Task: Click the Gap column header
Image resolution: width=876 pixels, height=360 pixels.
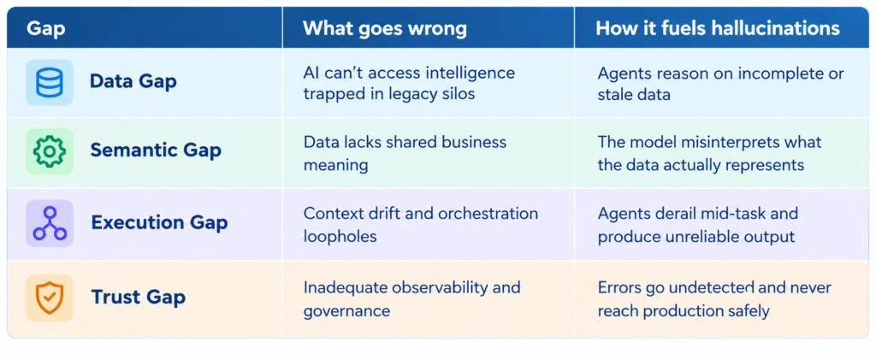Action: [x=46, y=28]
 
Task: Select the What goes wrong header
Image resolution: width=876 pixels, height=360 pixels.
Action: [x=384, y=28]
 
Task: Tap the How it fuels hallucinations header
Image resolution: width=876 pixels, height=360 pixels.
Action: [x=718, y=28]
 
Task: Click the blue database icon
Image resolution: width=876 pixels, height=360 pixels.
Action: [x=49, y=83]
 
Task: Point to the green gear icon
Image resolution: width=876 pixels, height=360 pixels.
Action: [x=49, y=151]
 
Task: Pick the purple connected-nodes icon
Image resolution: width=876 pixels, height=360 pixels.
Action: [x=49, y=223]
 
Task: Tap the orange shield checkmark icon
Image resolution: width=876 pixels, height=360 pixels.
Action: [x=49, y=298]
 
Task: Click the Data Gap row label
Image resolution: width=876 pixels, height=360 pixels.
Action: [x=133, y=81]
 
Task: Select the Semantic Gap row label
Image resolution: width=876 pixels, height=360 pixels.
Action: [x=156, y=150]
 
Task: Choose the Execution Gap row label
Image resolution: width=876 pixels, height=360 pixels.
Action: [x=159, y=222]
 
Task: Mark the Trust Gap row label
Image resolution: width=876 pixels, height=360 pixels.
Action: [x=138, y=297]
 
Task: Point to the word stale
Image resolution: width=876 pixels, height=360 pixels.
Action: [x=614, y=94]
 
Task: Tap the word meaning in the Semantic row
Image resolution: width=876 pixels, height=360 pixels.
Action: [x=335, y=166]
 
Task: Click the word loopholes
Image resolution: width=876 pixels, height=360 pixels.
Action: [x=340, y=236]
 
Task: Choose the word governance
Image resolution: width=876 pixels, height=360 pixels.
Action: [x=346, y=310]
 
